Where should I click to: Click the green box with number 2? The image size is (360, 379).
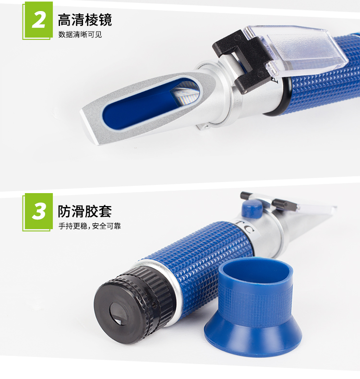38,20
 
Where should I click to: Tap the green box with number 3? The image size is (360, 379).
38,211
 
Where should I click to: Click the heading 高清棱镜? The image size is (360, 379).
85,20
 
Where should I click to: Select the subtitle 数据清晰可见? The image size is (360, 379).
80,35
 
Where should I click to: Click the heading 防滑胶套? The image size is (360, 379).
84,211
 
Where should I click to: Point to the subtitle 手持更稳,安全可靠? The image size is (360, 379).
89,226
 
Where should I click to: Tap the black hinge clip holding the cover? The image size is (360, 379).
243,61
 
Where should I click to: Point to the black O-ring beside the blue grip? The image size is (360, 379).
278,97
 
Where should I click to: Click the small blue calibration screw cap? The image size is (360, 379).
252,208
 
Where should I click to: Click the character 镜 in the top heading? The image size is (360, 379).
105,20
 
